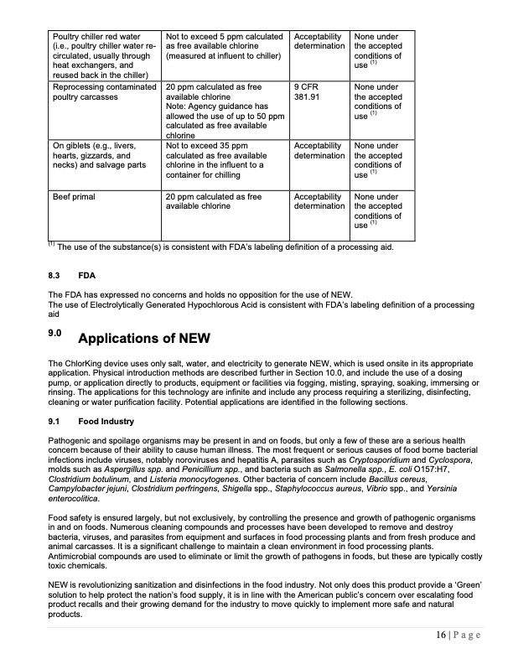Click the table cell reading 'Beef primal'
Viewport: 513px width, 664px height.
tap(74, 197)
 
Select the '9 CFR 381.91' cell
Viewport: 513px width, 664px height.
tap(311, 91)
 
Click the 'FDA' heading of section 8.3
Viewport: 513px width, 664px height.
tap(87, 274)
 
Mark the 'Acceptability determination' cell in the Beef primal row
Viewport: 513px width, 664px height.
tap(318, 202)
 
